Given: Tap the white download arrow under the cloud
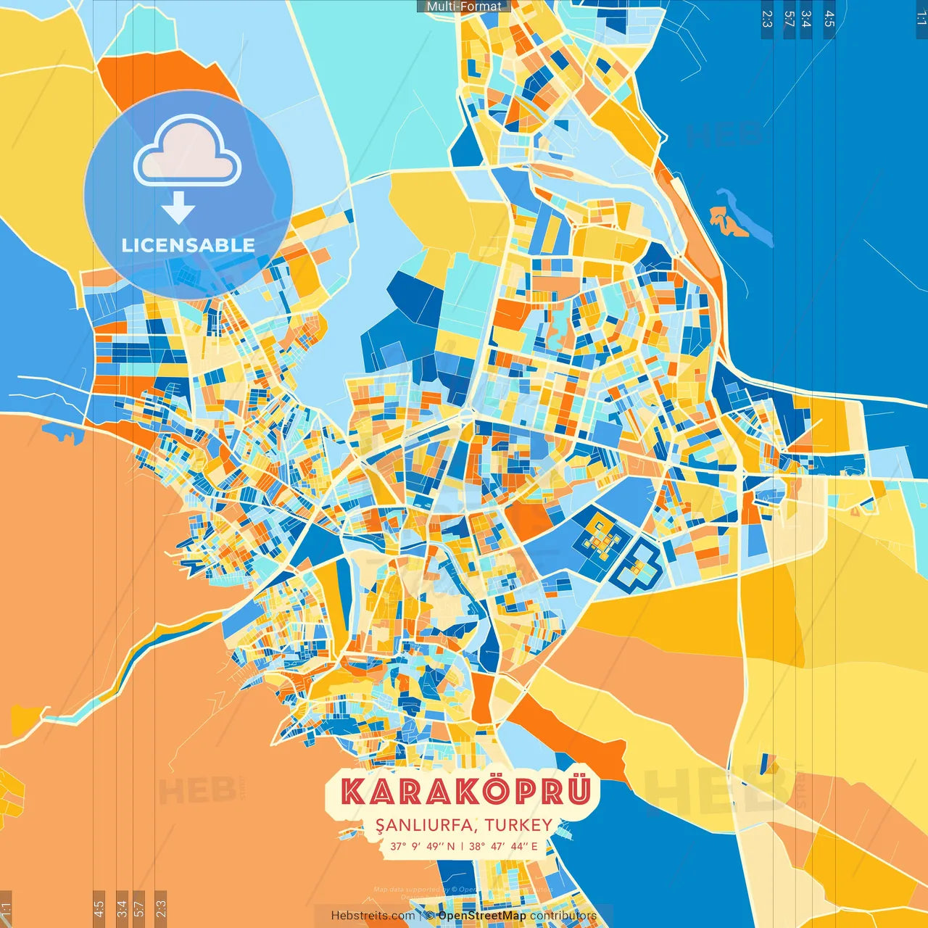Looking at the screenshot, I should tap(178, 208).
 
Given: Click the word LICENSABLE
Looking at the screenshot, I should tap(188, 245).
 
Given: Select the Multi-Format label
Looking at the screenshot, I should tap(463, 7).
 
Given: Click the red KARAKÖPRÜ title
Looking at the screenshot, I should tap(465, 792).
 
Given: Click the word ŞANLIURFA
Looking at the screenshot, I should tap(426, 825).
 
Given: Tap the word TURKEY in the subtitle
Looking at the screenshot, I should tap(518, 825).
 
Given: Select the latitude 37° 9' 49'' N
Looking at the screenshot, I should tap(422, 846).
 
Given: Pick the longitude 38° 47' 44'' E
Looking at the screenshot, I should tap(503, 846).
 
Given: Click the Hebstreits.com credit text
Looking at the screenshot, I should tap(373, 916).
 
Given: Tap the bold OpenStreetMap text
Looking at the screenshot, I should tap(482, 916).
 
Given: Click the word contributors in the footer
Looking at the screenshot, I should tap(563, 916).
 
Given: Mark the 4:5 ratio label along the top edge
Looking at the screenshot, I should tap(829, 19).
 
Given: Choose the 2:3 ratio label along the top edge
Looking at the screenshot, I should tap(767, 19).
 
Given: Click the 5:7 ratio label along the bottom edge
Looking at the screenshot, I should tap(139, 908).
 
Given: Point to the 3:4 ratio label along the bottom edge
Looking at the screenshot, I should tap(122, 908).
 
